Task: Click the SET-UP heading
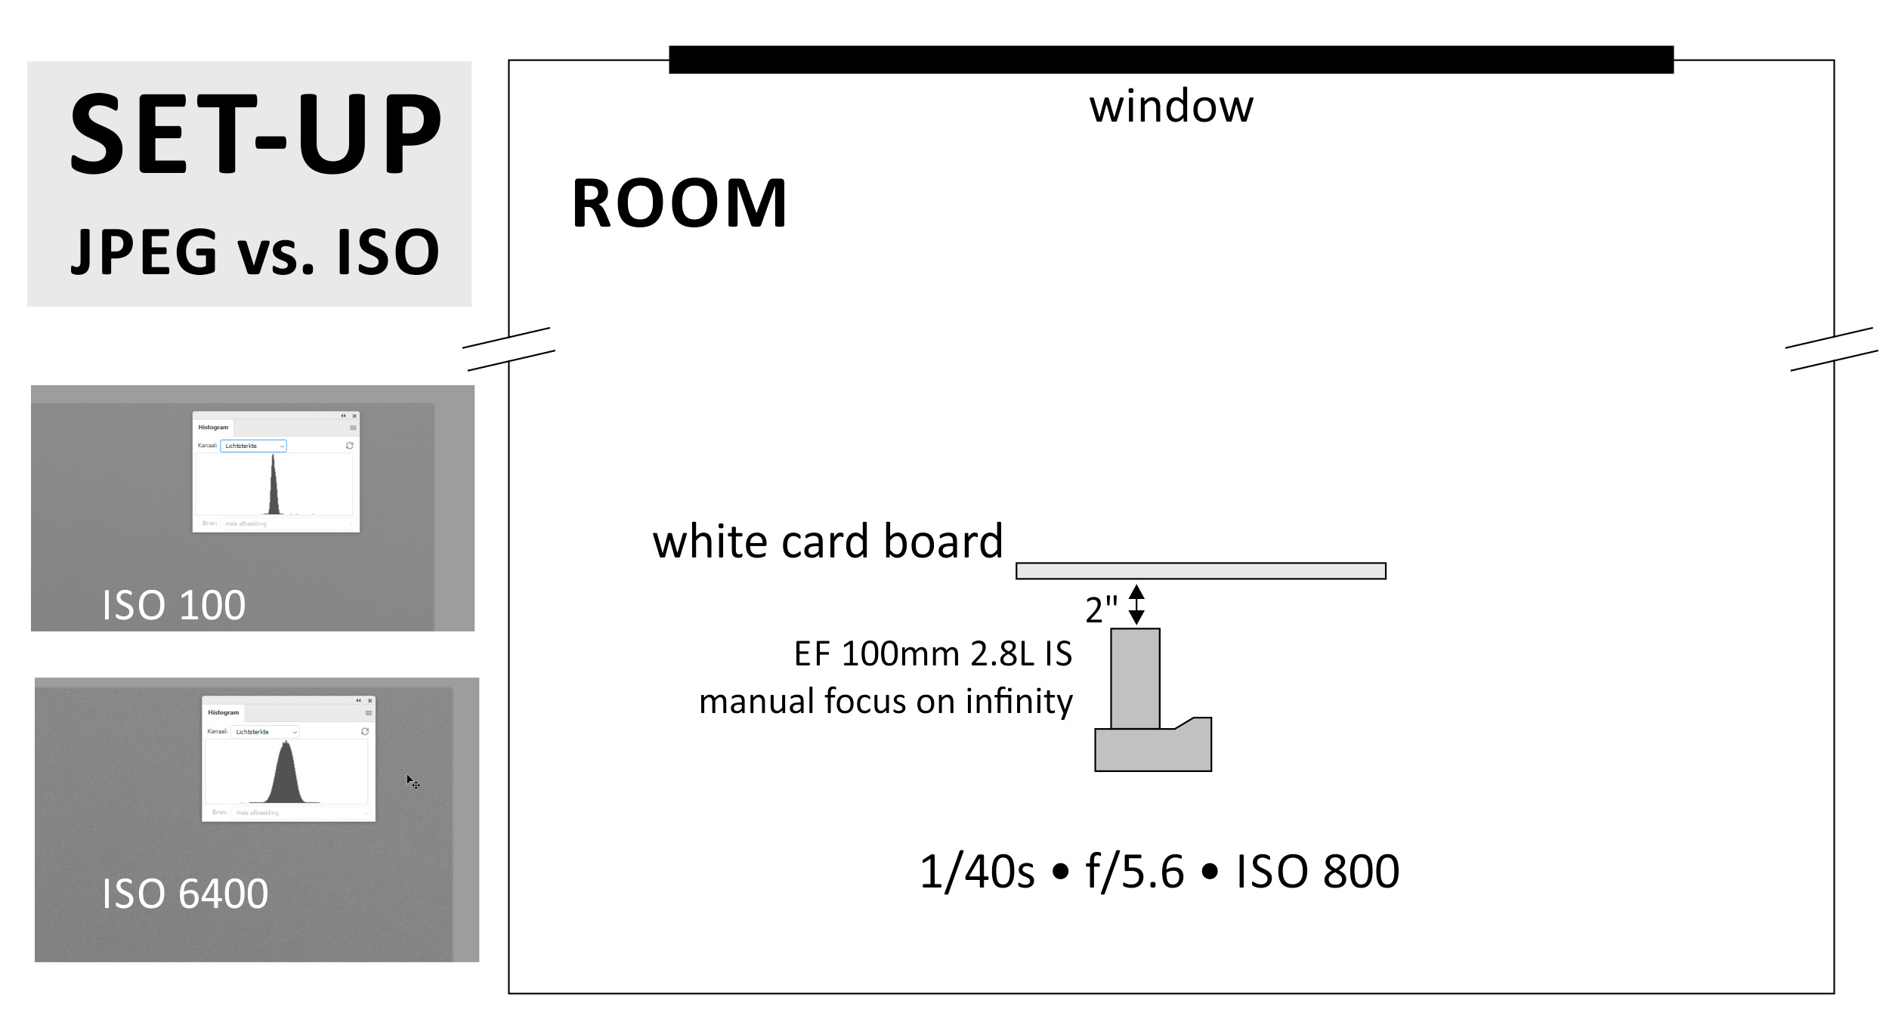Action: pos(255,134)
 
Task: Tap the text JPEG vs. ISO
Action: pos(255,252)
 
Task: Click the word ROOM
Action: pos(679,204)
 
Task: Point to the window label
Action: pos(1170,107)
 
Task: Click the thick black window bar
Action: pos(1170,60)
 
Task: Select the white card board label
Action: pos(827,542)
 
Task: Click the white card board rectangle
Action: pos(1200,571)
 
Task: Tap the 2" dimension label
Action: pos(1101,610)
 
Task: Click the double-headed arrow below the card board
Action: pos(1136,604)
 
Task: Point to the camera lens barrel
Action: pos(1135,678)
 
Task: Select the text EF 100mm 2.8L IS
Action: pos(932,654)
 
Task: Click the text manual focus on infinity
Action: pos(886,702)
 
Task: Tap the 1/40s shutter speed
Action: pos(976,872)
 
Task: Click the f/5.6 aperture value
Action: pos(1134,872)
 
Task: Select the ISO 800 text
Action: pos(1317,872)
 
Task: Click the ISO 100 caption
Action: pos(174,605)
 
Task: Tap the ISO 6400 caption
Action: pos(185,894)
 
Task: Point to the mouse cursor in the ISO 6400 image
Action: pos(412,781)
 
